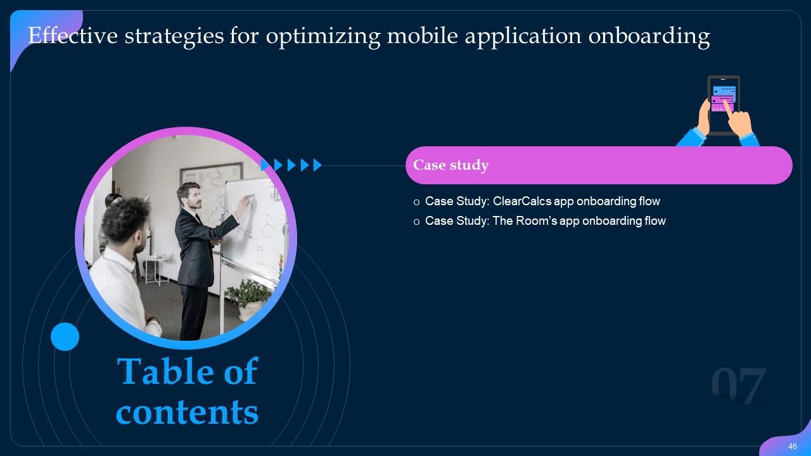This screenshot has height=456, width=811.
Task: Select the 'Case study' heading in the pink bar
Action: (450, 165)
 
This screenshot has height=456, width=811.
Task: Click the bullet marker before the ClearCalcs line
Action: (416, 202)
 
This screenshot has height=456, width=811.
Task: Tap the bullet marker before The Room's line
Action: (416, 222)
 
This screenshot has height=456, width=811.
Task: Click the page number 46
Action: (792, 446)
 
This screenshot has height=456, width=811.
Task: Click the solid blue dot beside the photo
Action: (65, 336)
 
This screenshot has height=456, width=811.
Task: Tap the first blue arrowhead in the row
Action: (265, 165)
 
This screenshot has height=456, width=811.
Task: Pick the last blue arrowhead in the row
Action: (317, 165)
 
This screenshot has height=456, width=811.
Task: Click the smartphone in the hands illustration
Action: (723, 104)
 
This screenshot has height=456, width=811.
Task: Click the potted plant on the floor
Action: (250, 298)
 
